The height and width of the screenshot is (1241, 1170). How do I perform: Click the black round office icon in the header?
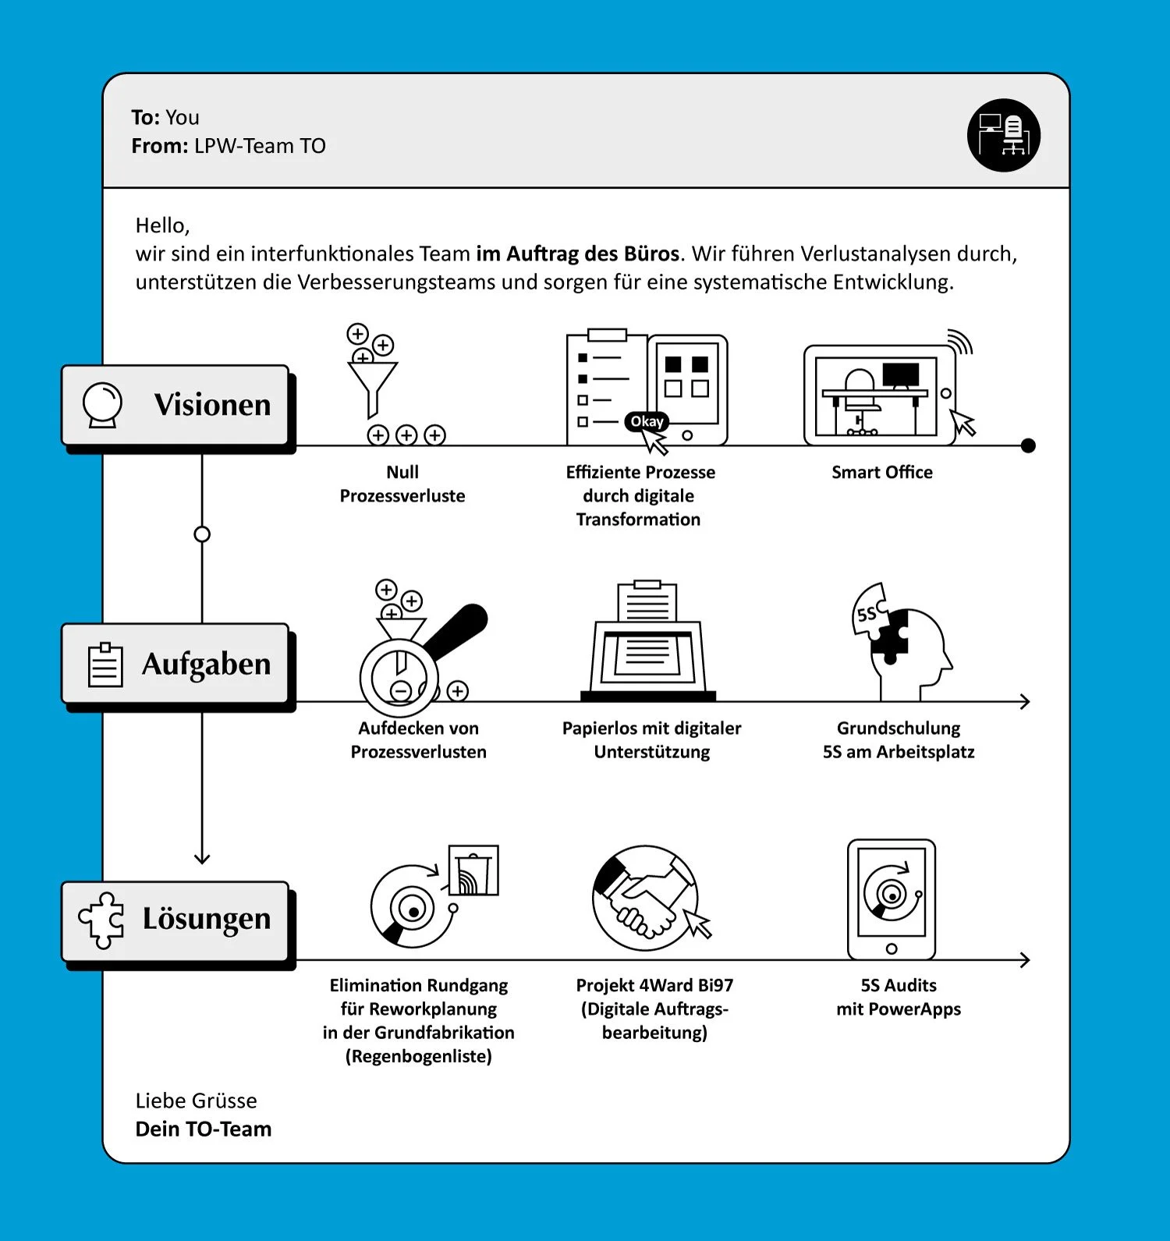[1004, 135]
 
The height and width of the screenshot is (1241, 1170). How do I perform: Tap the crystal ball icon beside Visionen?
[103, 405]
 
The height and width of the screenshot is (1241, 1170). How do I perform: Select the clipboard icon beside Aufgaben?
[105, 665]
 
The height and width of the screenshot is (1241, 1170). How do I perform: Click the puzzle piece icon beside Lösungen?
[101, 920]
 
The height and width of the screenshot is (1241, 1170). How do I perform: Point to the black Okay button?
[647, 421]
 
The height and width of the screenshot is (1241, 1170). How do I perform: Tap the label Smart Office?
[882, 472]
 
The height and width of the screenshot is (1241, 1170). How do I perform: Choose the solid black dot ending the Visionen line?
[1028, 445]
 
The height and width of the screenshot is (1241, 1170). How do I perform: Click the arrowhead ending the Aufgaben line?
[1026, 702]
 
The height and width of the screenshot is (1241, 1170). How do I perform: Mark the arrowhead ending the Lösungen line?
[1026, 959]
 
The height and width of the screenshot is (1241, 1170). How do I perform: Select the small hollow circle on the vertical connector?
[202, 534]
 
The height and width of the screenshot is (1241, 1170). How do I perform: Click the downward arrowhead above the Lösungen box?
[202, 859]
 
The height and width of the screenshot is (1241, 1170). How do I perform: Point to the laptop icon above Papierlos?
[648, 640]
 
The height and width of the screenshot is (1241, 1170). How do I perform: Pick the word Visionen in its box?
[212, 405]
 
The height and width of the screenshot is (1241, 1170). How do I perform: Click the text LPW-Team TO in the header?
[260, 146]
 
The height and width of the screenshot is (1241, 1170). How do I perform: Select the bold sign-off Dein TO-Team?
[204, 1129]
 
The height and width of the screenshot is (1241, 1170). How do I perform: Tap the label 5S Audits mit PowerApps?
[899, 997]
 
